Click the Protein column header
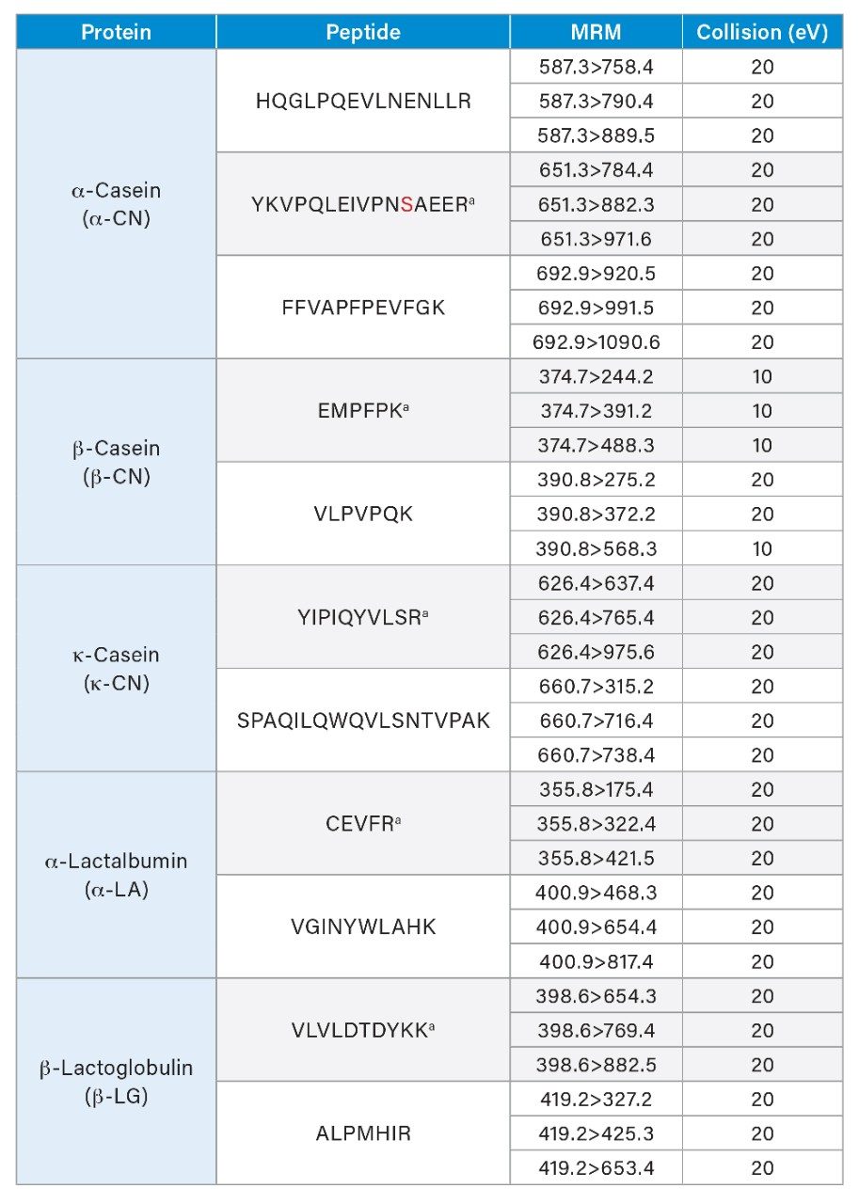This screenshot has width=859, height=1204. click(x=116, y=33)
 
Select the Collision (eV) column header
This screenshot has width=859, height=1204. click(x=762, y=33)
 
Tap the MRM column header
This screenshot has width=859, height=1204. click(x=596, y=33)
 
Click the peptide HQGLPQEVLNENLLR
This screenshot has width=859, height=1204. click(x=363, y=101)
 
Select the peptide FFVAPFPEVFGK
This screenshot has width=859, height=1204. click(x=363, y=308)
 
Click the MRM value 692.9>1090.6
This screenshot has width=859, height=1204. click(x=597, y=342)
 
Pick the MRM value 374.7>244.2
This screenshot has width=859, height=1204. click(x=597, y=376)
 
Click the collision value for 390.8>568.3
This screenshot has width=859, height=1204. click(x=762, y=548)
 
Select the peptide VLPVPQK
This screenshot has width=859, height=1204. click(x=363, y=515)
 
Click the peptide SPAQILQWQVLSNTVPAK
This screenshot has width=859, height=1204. click(x=363, y=721)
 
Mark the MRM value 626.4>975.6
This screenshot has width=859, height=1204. click(x=597, y=652)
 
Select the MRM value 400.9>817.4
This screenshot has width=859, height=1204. click(x=597, y=961)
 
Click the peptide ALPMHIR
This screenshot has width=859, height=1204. click(x=363, y=1133)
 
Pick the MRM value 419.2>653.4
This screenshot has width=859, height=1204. click(x=597, y=1168)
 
